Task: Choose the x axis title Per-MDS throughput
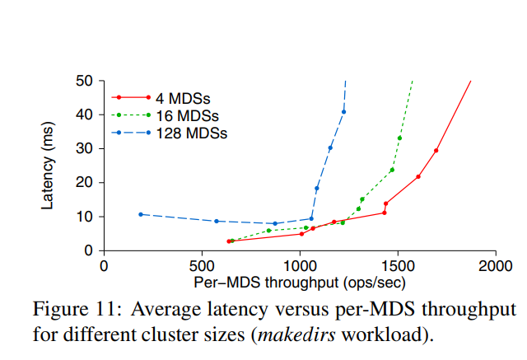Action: pyautogui.click(x=299, y=282)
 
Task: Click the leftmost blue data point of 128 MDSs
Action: pyautogui.click(x=141, y=214)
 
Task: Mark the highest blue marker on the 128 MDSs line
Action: pyautogui.click(x=344, y=112)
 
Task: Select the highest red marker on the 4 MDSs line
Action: pyautogui.click(x=436, y=151)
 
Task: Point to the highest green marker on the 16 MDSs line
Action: pyautogui.click(x=399, y=138)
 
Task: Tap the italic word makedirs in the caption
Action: pyautogui.click(x=295, y=335)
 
